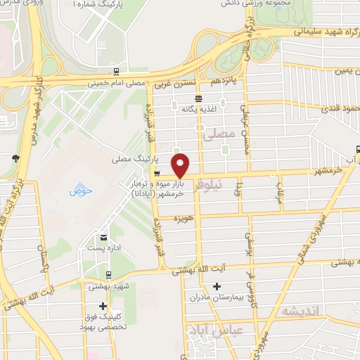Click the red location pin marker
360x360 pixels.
[x=181, y=165]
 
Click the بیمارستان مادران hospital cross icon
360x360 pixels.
[x=217, y=286]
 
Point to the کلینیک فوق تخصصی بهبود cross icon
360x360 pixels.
[x=103, y=306]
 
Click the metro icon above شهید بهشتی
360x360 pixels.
[x=108, y=275]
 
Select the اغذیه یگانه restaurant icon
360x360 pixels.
[x=200, y=98]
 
